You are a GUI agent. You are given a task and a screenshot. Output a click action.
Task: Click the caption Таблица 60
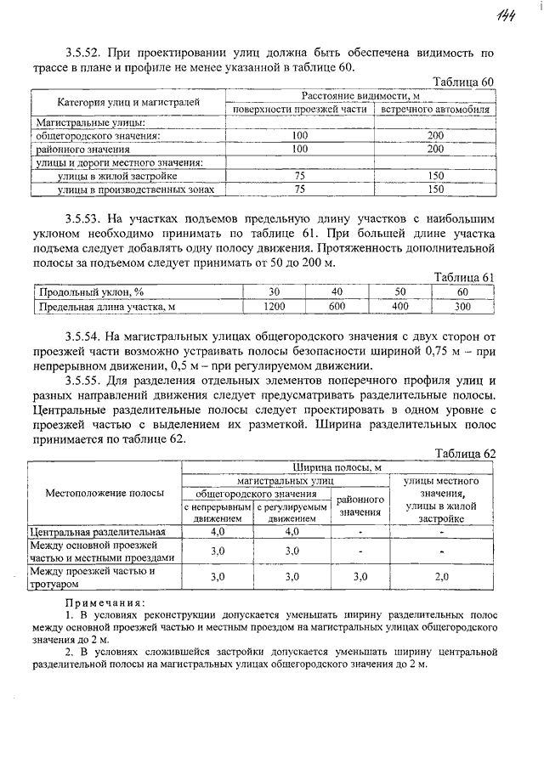coord(463,82)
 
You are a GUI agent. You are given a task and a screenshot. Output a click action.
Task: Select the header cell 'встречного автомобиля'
coord(435,110)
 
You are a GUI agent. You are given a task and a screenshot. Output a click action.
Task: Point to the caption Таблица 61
coord(464,278)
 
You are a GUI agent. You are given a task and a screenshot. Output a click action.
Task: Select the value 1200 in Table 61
coord(274,306)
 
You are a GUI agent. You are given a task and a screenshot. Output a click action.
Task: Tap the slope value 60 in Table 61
coord(462,291)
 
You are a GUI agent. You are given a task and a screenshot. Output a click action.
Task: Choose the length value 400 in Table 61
coord(399,306)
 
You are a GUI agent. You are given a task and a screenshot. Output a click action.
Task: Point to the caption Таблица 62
coord(464,453)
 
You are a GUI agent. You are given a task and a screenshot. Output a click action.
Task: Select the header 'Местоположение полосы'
coord(105,493)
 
